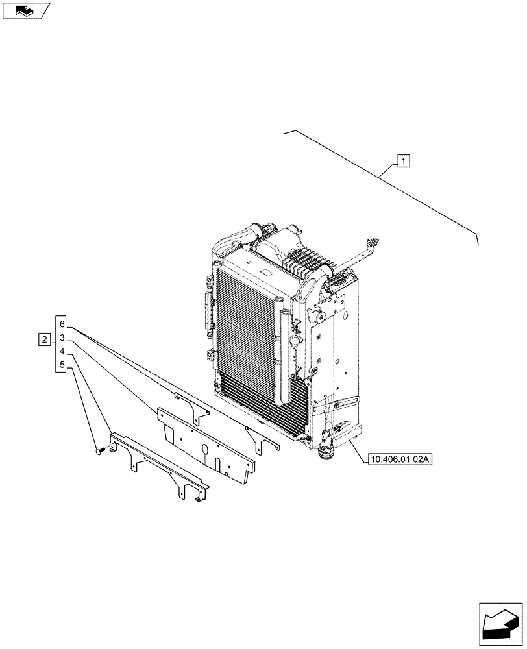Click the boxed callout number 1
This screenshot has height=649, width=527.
404,160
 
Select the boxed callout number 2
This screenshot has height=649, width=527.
44,339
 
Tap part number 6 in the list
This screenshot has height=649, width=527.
62,324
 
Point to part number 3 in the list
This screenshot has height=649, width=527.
62,338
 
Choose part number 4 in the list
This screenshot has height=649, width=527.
62,352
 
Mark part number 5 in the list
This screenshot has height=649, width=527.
62,365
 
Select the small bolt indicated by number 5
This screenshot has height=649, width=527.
99,448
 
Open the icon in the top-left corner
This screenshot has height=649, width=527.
25,10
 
